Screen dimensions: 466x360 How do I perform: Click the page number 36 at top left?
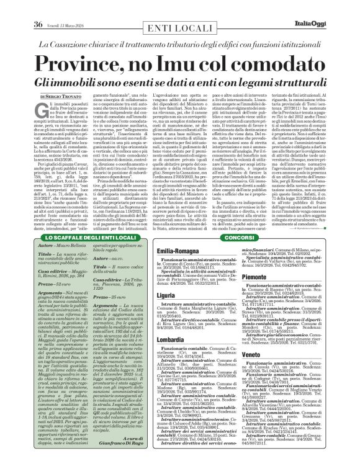37,7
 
